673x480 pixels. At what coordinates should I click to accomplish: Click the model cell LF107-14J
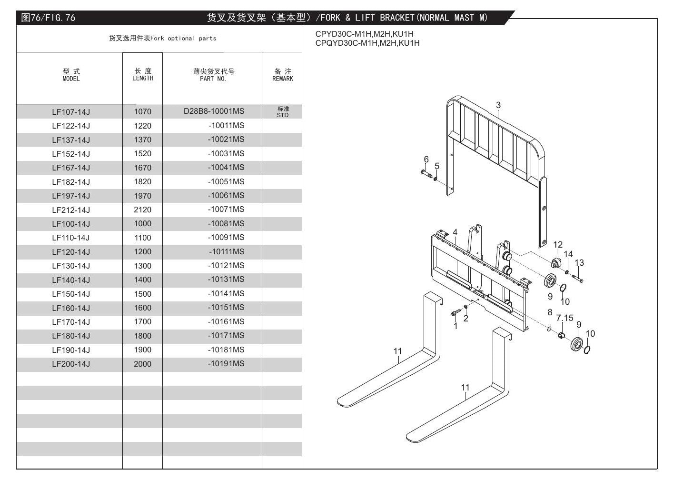71,112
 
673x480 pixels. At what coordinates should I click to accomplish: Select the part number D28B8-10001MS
214,111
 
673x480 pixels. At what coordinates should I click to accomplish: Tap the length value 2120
142,210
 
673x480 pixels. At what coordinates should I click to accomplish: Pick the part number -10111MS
227,251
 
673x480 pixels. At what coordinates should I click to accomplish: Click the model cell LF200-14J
71,364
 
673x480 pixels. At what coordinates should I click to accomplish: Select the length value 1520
142,154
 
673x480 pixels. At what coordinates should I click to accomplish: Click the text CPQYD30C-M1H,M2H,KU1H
367,43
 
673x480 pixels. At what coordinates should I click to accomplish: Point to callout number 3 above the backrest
498,105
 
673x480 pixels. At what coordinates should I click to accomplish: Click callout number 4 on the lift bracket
455,232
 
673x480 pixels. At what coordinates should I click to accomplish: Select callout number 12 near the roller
558,245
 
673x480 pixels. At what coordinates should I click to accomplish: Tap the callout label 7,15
564,318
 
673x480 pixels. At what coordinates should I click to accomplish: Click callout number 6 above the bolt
426,160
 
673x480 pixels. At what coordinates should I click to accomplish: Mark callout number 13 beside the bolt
579,263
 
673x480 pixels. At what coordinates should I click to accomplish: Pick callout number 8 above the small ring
550,312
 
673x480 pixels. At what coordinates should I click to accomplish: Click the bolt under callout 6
426,173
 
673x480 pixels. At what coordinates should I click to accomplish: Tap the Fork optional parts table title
163,39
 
